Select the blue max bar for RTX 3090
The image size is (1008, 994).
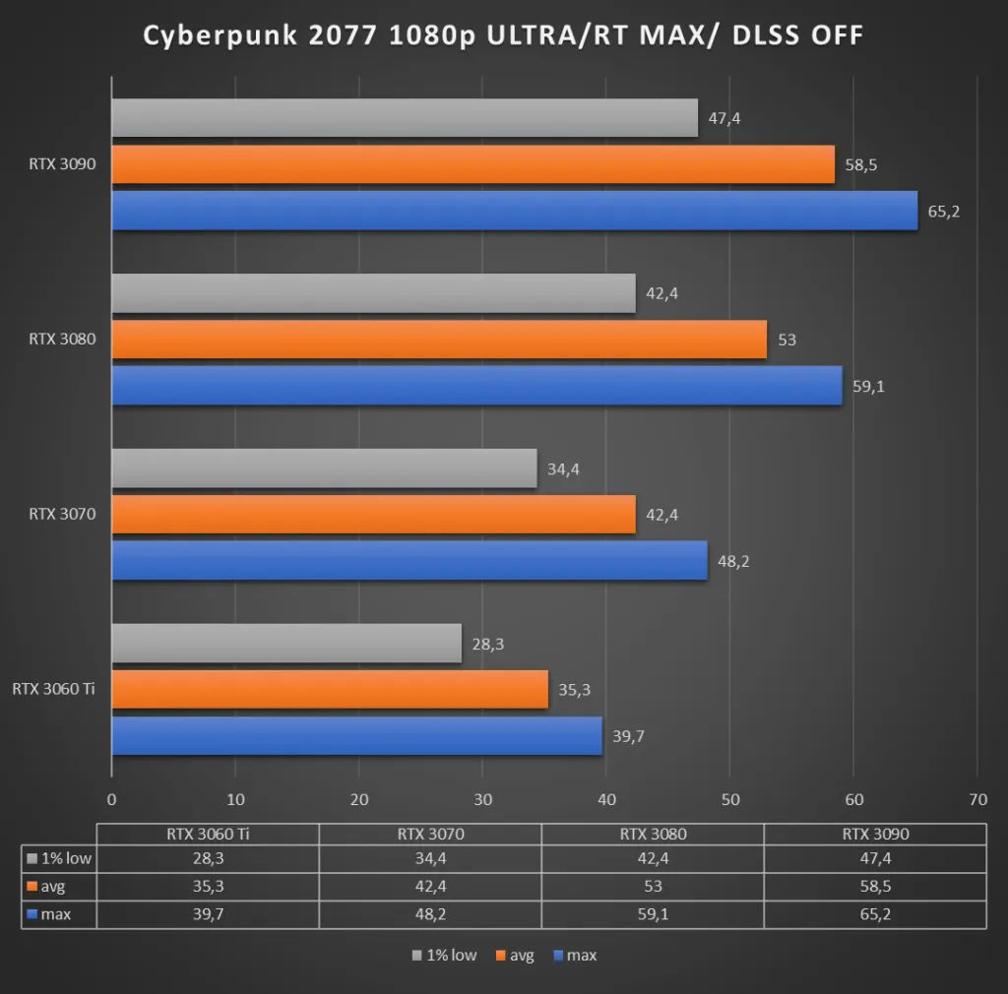(x=514, y=211)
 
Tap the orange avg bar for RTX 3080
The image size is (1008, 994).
(x=438, y=340)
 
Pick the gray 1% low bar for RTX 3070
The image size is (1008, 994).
(x=324, y=468)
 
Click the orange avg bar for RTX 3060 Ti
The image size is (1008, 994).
(x=329, y=689)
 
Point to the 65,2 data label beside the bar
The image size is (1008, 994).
(x=943, y=212)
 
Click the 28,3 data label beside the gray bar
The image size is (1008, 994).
(x=486, y=644)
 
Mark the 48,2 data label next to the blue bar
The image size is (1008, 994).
(x=732, y=561)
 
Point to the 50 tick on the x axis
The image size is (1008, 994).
(x=729, y=800)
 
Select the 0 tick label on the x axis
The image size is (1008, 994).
(x=111, y=800)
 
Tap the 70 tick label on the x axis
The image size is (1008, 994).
(x=976, y=800)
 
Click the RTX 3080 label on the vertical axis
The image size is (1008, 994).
(x=62, y=340)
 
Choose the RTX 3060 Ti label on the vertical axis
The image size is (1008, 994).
(x=54, y=689)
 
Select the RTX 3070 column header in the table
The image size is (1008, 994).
(x=429, y=834)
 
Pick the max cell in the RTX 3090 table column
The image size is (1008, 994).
(x=875, y=914)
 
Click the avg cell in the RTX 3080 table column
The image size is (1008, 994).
(x=652, y=886)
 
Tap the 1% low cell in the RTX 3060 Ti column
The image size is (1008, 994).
(x=207, y=858)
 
